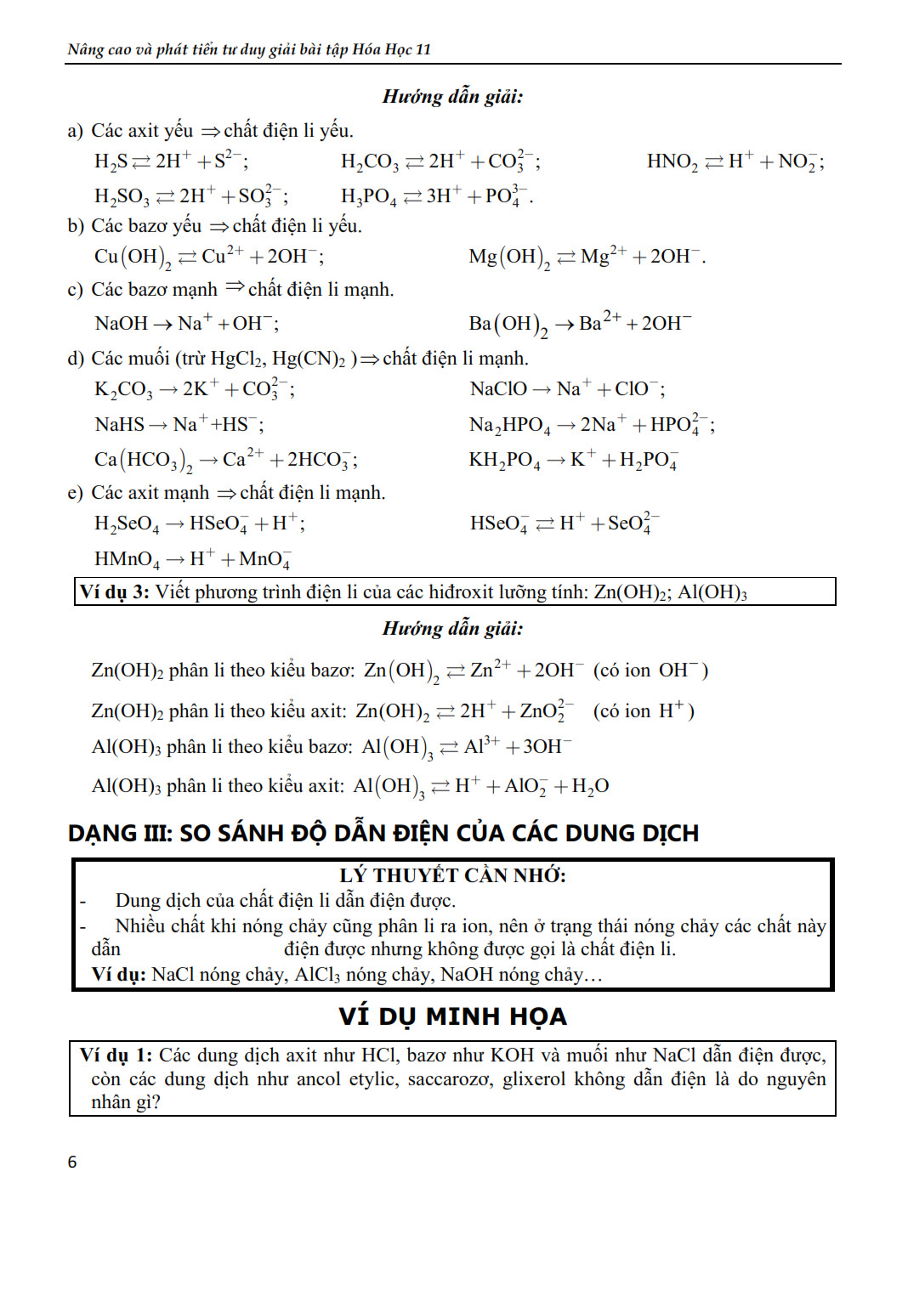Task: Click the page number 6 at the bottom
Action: (72, 1162)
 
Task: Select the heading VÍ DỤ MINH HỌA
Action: (452, 1016)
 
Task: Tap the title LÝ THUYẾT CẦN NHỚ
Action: (452, 875)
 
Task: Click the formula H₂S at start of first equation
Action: (111, 161)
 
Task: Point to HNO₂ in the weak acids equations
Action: (672, 161)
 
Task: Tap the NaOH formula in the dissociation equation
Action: (121, 324)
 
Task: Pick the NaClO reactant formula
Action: (498, 389)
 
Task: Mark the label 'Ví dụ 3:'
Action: (114, 592)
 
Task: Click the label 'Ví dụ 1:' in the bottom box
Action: (116, 1055)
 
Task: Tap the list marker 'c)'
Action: (75, 290)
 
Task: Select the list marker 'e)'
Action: (75, 493)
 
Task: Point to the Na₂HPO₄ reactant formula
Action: (509, 425)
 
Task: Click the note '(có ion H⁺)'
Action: (644, 711)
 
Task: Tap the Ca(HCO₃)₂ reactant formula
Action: (143, 461)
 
